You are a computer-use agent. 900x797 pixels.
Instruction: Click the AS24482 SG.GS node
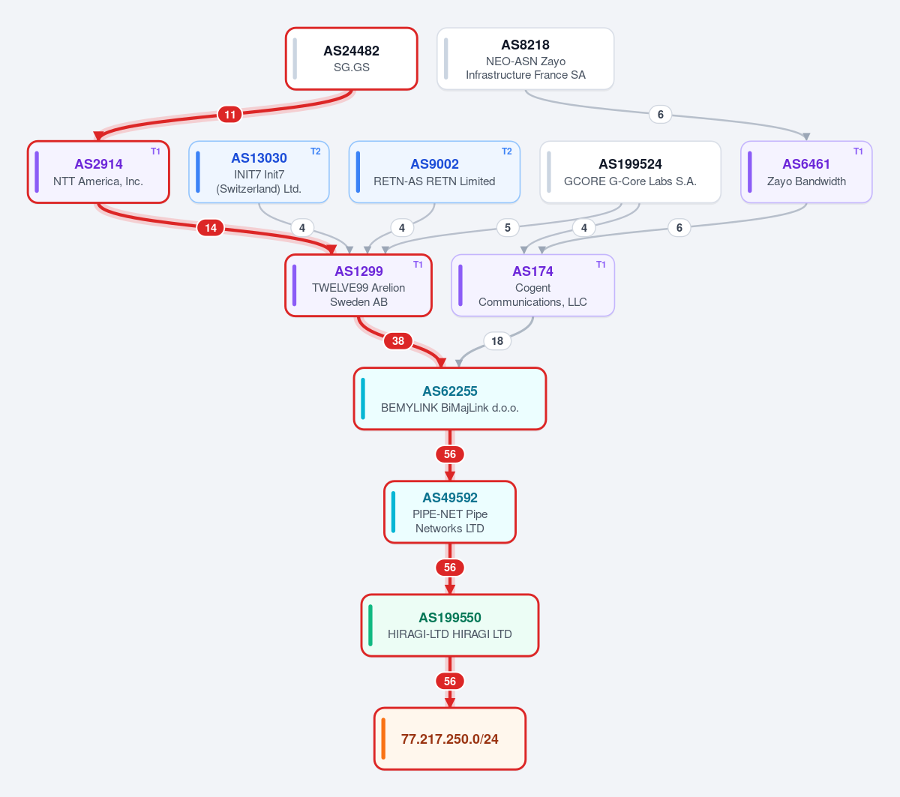coord(352,58)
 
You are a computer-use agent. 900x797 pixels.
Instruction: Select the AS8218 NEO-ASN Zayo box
coord(526,58)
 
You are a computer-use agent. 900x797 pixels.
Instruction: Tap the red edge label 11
coord(229,115)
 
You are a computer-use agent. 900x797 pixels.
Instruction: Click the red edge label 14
coord(211,228)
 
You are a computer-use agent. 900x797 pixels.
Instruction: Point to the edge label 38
coord(398,341)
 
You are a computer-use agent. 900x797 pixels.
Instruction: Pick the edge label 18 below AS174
coord(497,341)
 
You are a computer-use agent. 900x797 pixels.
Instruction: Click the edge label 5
coord(508,228)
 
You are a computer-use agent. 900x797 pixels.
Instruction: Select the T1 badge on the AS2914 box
coord(155,151)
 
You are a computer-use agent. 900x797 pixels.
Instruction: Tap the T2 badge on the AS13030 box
coord(316,151)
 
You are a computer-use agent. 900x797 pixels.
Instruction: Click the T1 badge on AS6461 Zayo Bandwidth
coord(858,151)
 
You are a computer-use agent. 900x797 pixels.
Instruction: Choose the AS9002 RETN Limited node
coord(434,172)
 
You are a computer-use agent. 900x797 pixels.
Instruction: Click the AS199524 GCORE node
coord(630,172)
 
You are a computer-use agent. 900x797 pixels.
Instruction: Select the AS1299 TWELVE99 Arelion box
coord(358,286)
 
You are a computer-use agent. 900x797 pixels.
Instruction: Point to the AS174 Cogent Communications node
coord(533,286)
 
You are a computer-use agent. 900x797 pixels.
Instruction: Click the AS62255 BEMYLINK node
coord(450,399)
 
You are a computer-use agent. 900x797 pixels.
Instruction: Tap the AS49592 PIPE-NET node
coord(450,512)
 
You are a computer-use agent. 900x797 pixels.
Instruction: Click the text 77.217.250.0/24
coord(449,739)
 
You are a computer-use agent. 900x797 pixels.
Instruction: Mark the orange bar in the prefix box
coord(383,739)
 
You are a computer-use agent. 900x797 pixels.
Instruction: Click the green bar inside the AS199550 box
coord(370,625)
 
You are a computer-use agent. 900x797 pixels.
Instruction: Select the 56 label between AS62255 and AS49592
coord(450,454)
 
